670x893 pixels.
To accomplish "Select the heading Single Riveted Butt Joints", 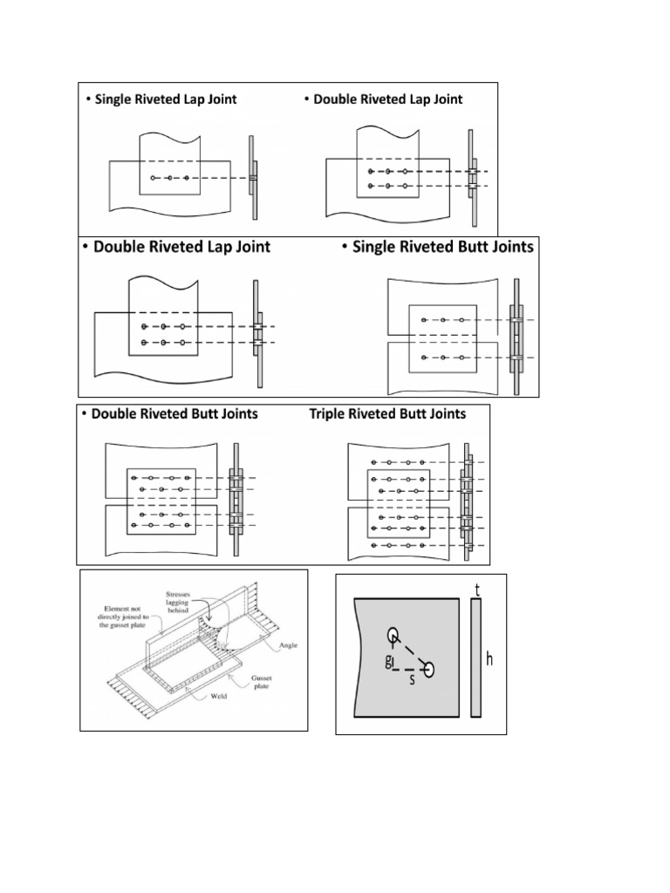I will tap(442, 247).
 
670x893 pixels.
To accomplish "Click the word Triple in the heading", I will tap(328, 413).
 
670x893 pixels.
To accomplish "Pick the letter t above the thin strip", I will tap(477, 590).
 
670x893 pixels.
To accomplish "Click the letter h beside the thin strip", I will tap(489, 659).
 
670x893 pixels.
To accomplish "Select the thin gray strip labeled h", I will tap(475, 658).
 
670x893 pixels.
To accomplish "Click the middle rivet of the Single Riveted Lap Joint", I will tap(170, 178).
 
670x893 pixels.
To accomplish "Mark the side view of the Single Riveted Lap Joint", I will tap(253, 178).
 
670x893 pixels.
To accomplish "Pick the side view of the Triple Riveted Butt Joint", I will tap(468, 504).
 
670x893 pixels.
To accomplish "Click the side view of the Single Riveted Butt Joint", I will tap(516, 335).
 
